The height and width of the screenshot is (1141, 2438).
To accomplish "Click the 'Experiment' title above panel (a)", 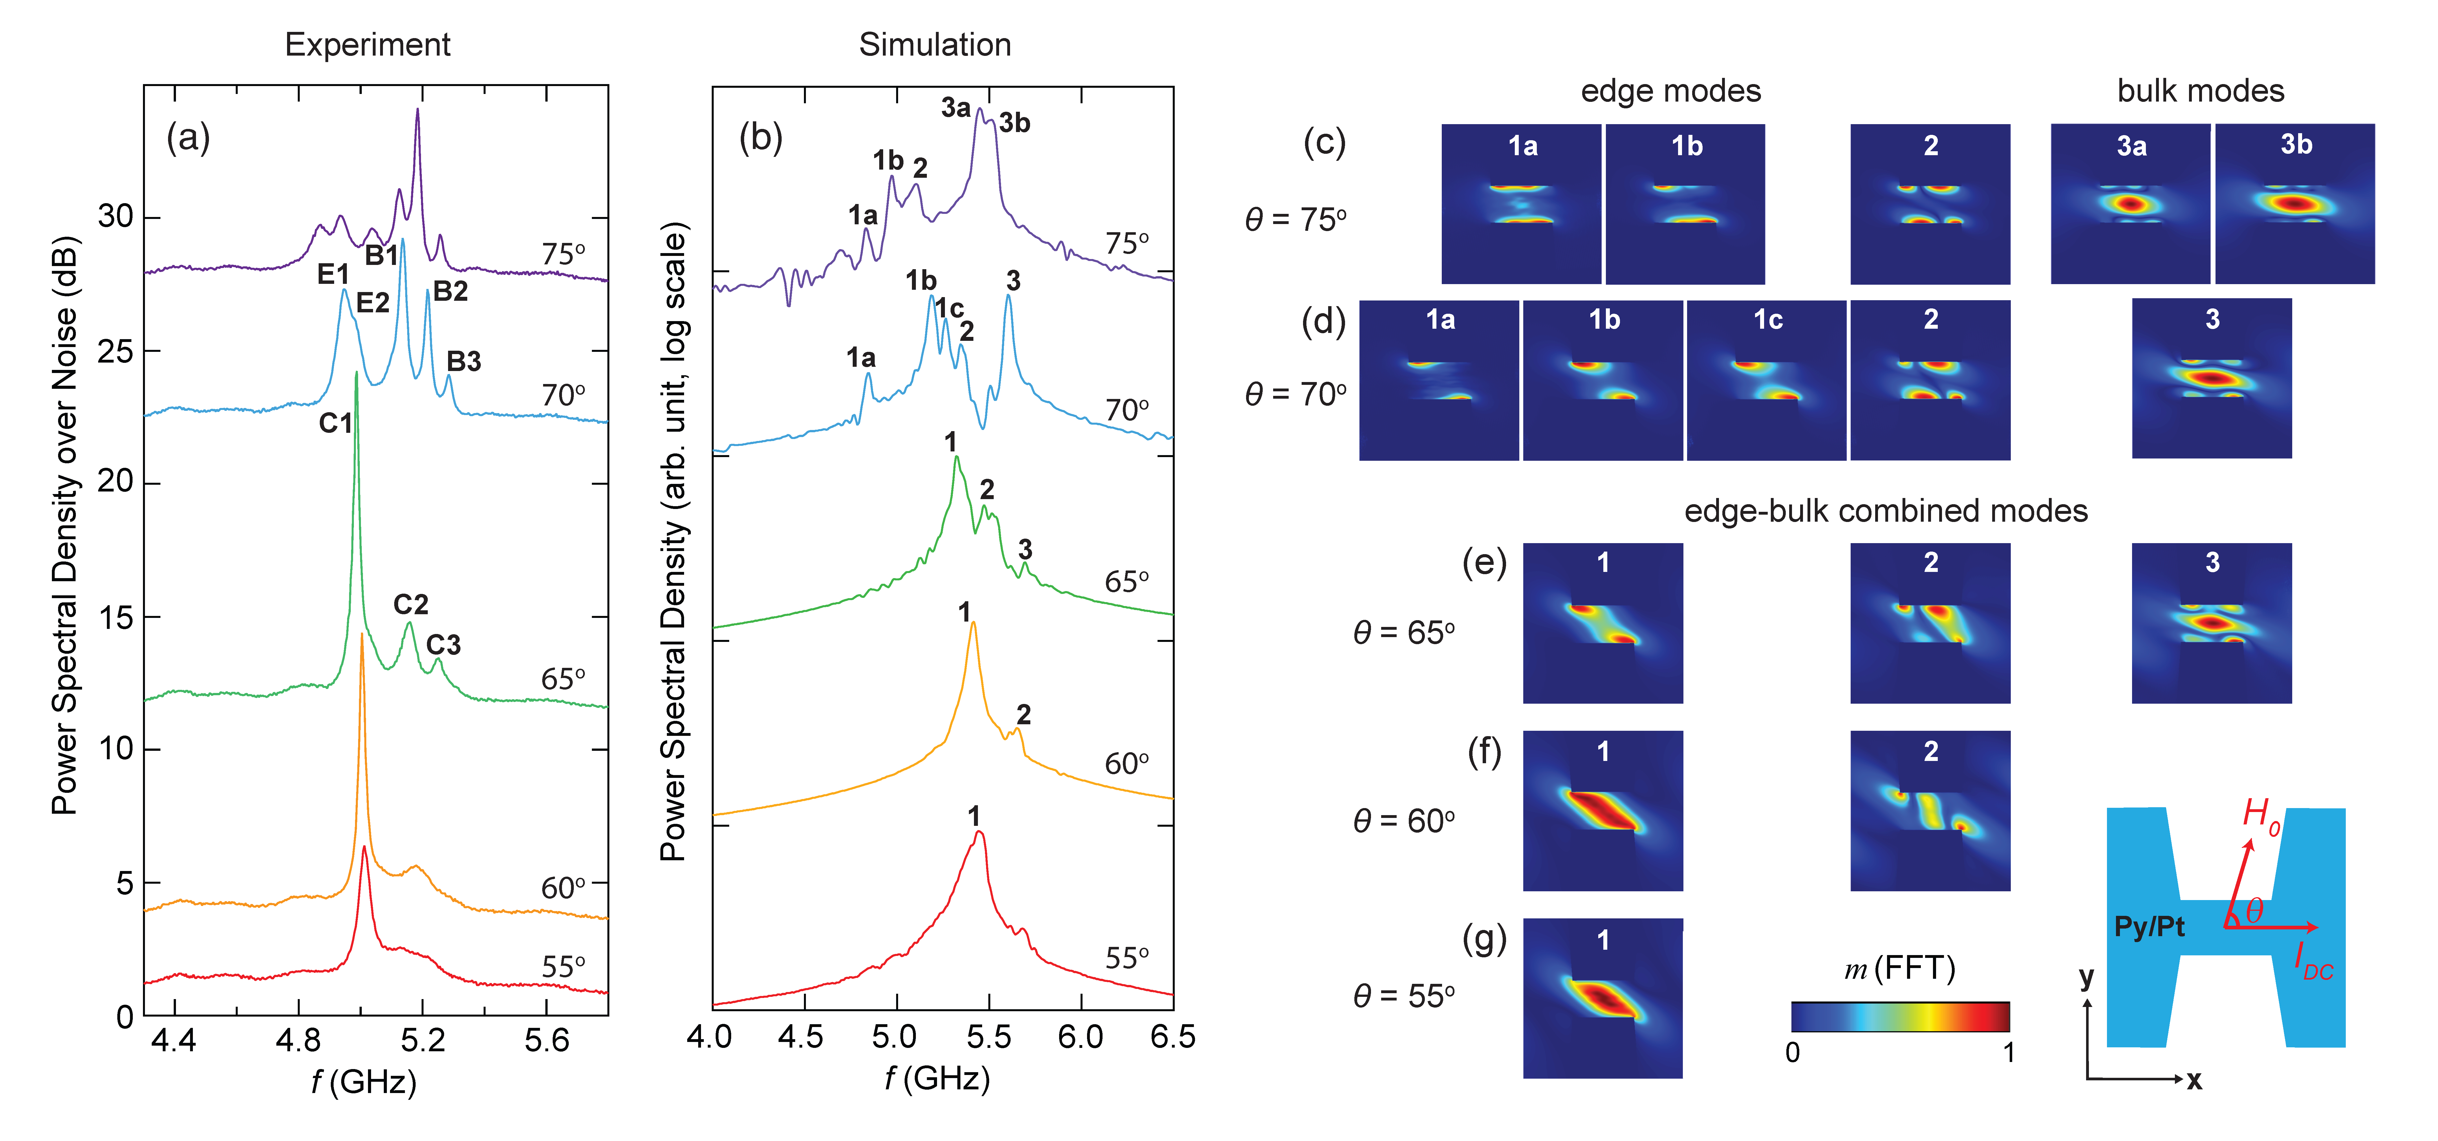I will coord(367,45).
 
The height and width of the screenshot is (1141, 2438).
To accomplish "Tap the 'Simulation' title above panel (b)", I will coord(934,45).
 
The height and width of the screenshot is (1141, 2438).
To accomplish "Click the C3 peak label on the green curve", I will coord(443,645).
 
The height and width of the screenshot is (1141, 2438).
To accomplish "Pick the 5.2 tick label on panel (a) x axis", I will coord(422,1041).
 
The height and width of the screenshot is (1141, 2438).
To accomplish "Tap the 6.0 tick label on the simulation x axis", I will coord(1080,1037).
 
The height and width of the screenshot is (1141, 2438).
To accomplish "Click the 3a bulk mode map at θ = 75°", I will coord(2130,204).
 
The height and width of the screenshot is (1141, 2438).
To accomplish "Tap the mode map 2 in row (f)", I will coord(1930,811).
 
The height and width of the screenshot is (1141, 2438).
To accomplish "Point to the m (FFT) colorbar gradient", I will coord(1899,1016).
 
